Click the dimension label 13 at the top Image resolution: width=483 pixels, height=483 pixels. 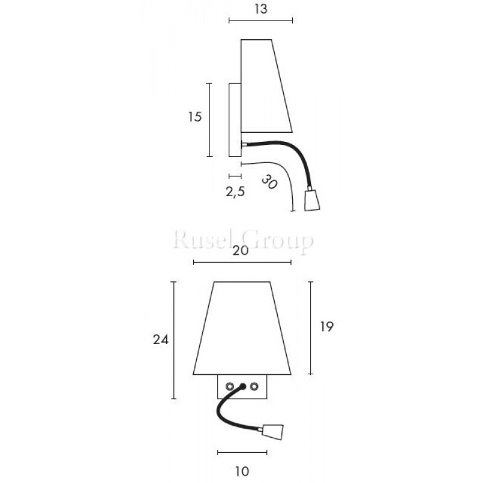(x=261, y=8)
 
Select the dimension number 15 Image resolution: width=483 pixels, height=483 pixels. (x=194, y=117)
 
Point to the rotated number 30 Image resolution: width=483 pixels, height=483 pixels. (x=269, y=182)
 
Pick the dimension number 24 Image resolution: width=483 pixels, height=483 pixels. (x=160, y=339)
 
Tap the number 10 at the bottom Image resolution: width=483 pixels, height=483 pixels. (x=241, y=470)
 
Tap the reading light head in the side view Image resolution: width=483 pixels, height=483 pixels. (x=312, y=200)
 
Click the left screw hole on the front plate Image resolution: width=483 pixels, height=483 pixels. (x=229, y=386)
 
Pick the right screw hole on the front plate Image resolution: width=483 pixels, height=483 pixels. (x=254, y=386)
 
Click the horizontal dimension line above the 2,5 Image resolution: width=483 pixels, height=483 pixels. (x=235, y=176)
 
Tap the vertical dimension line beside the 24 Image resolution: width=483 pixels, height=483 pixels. (x=174, y=340)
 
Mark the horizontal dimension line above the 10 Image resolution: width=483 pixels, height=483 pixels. (x=241, y=452)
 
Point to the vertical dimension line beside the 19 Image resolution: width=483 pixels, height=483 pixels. (x=310, y=327)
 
